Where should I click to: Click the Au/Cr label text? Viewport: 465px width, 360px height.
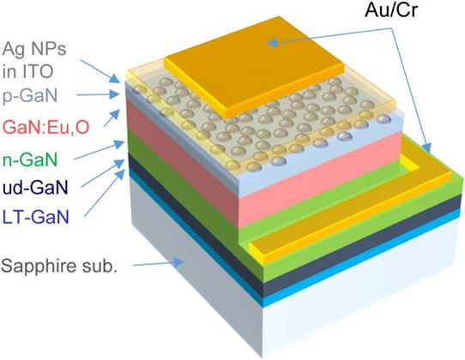point(391,10)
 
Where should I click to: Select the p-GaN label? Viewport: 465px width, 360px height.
point(30,96)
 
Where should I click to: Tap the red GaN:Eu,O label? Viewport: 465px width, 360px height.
point(46,127)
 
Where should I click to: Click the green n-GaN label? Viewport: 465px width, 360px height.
point(30,159)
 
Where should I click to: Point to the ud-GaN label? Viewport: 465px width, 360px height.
point(35,188)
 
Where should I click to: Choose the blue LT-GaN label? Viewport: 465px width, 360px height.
point(36,217)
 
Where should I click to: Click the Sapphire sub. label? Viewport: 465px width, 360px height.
point(58,266)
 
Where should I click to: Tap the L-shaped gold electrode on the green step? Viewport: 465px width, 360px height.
point(350,213)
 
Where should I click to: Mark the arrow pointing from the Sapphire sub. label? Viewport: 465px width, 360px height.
point(159,264)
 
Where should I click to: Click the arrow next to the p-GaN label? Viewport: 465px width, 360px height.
point(98,95)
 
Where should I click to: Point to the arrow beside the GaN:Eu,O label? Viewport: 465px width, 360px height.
point(112,117)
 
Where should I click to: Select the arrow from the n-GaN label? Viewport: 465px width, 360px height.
point(99,150)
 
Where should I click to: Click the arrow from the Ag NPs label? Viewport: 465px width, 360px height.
point(100,71)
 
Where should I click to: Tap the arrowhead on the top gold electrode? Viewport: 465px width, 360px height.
point(273,43)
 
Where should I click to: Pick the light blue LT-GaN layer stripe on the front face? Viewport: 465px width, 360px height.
point(362,259)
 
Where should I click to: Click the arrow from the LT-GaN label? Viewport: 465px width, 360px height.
point(104,193)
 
